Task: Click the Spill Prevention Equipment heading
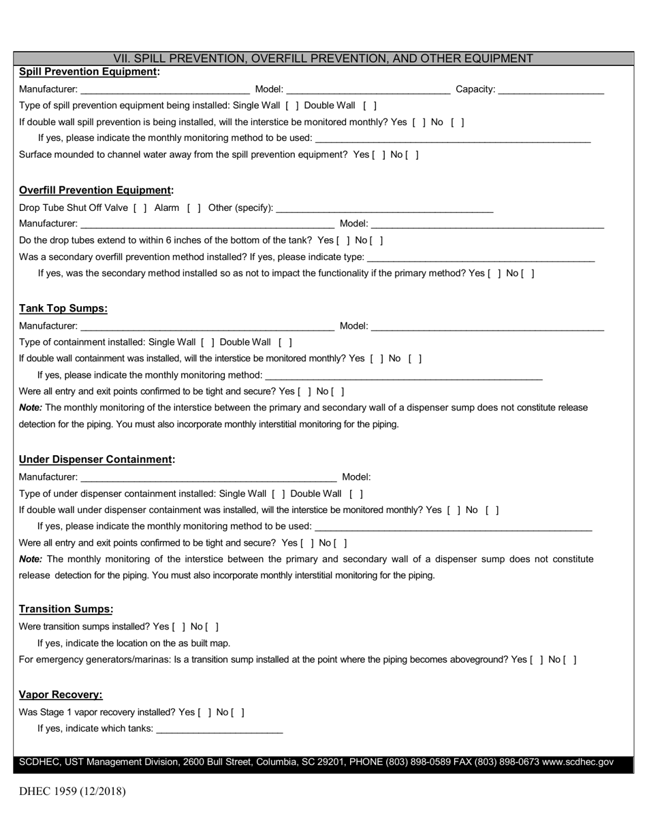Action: [x=89, y=71]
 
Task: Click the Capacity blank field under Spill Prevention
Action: [x=551, y=90]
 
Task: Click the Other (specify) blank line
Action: [x=385, y=208]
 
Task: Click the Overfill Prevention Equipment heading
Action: [x=96, y=190]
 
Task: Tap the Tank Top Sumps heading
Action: [x=63, y=308]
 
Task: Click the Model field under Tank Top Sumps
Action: [x=488, y=327]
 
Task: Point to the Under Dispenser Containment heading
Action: [x=97, y=459]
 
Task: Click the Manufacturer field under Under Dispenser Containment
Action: [x=208, y=478]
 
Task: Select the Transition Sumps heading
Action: [x=66, y=609]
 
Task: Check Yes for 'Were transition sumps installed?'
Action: [x=178, y=627]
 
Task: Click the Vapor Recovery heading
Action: [x=61, y=695]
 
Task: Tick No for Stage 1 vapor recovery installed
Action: [x=238, y=712]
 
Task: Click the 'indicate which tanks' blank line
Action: [x=219, y=729]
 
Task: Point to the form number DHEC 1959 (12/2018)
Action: [x=72, y=791]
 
